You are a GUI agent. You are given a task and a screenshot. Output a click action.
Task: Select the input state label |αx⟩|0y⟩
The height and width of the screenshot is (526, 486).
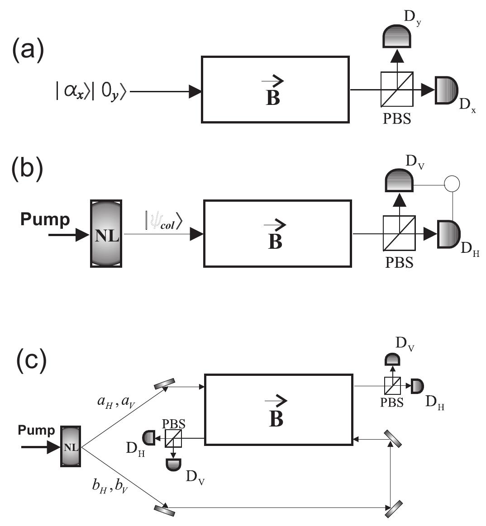tap(93, 91)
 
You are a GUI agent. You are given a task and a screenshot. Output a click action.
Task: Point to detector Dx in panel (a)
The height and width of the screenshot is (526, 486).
tap(446, 90)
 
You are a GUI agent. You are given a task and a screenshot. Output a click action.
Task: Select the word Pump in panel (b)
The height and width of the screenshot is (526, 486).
tap(45, 219)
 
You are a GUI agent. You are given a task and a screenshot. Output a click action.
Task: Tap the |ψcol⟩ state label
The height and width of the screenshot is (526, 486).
tap(163, 223)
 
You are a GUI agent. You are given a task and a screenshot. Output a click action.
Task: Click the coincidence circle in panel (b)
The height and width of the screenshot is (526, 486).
tap(452, 184)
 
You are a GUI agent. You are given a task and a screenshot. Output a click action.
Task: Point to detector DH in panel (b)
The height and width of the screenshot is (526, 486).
tap(448, 234)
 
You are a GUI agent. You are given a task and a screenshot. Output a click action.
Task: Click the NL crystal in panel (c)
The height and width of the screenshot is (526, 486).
tap(71, 446)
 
